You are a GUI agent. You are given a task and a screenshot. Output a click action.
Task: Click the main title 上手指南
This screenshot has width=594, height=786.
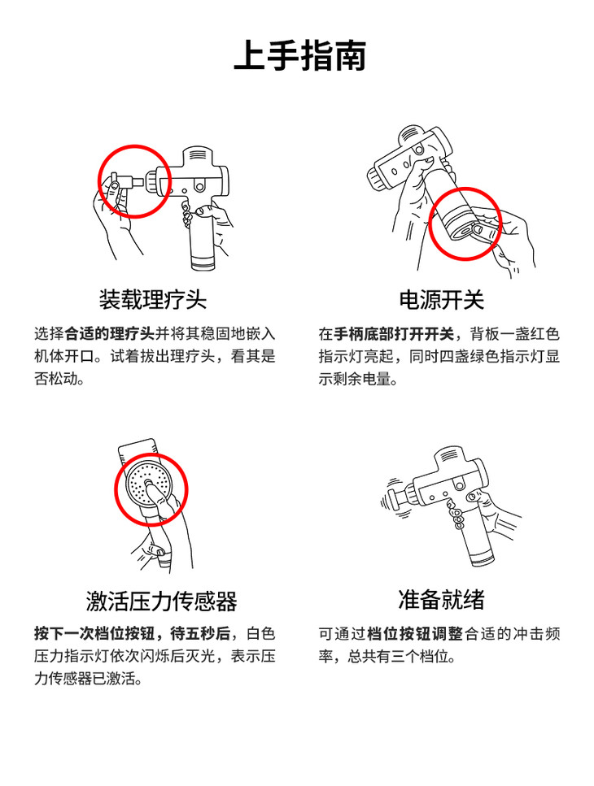300,55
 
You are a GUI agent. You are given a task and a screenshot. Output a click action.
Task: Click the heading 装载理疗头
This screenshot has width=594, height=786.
152,300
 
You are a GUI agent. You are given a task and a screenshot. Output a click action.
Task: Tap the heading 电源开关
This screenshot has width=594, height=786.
442,300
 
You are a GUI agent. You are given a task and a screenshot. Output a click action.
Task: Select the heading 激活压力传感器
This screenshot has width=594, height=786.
161,601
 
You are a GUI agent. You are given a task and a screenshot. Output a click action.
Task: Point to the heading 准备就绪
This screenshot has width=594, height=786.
442,600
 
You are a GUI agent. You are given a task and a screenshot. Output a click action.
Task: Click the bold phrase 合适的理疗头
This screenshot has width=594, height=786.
109,333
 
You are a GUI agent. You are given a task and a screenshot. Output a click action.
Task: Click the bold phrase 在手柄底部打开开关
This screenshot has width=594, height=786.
387,334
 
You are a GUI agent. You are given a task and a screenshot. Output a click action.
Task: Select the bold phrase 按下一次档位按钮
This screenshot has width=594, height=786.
94,634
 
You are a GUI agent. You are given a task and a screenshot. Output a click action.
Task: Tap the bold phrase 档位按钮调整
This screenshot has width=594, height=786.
414,634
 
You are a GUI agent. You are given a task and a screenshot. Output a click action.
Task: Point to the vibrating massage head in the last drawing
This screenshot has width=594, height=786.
397,499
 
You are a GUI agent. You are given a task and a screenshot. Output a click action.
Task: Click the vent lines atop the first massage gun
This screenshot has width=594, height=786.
198,154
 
